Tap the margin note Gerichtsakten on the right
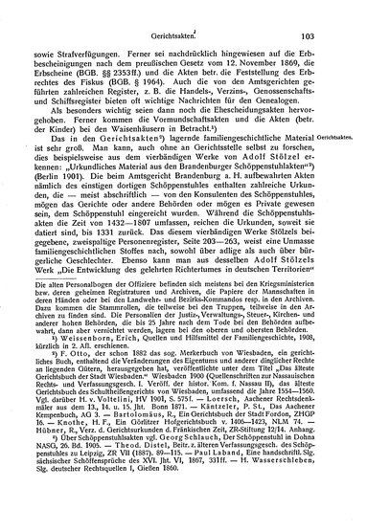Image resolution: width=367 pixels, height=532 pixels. pyautogui.click(x=343, y=165)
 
